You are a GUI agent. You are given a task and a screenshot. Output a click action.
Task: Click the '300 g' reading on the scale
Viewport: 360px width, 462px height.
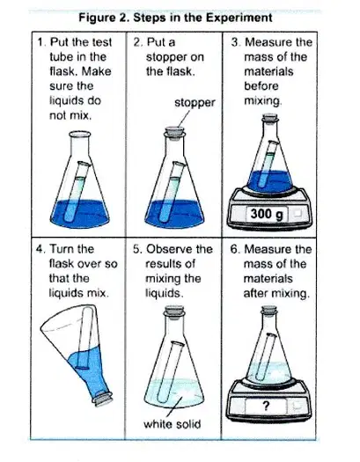268,214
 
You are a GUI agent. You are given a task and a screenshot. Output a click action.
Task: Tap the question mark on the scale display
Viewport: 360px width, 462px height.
266,407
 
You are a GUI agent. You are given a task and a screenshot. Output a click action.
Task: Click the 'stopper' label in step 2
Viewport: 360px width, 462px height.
195,104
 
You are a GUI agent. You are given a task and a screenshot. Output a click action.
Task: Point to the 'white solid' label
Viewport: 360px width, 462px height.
172,424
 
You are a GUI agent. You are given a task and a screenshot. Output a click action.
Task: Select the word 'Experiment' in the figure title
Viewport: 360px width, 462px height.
239,18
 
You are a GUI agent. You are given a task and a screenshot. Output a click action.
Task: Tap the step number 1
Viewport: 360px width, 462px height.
41,42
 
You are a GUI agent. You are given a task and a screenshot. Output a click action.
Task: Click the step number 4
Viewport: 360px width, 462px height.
40,249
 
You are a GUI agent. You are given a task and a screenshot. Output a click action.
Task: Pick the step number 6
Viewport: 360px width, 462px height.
234,249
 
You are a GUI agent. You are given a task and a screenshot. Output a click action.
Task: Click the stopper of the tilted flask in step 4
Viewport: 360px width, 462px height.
102,399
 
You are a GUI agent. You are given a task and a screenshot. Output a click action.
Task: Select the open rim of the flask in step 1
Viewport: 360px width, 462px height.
79,135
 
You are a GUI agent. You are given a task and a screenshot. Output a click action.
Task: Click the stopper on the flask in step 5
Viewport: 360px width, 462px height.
174,310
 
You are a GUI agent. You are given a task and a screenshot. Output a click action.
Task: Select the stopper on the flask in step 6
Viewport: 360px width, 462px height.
269,310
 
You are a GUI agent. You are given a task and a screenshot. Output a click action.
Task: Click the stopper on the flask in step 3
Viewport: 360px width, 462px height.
270,118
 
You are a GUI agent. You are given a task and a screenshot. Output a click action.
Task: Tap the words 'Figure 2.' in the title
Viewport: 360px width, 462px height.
104,18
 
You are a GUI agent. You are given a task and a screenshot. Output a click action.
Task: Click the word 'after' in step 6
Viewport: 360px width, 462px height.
255,293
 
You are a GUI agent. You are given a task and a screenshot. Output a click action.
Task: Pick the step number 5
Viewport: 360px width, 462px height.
137,249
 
